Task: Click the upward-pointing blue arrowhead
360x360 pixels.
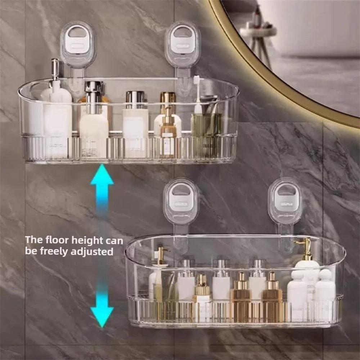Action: (102, 175)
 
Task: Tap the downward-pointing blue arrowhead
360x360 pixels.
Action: (102, 316)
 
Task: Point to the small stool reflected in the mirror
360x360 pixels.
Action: (258, 34)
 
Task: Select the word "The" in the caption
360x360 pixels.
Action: (33, 240)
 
